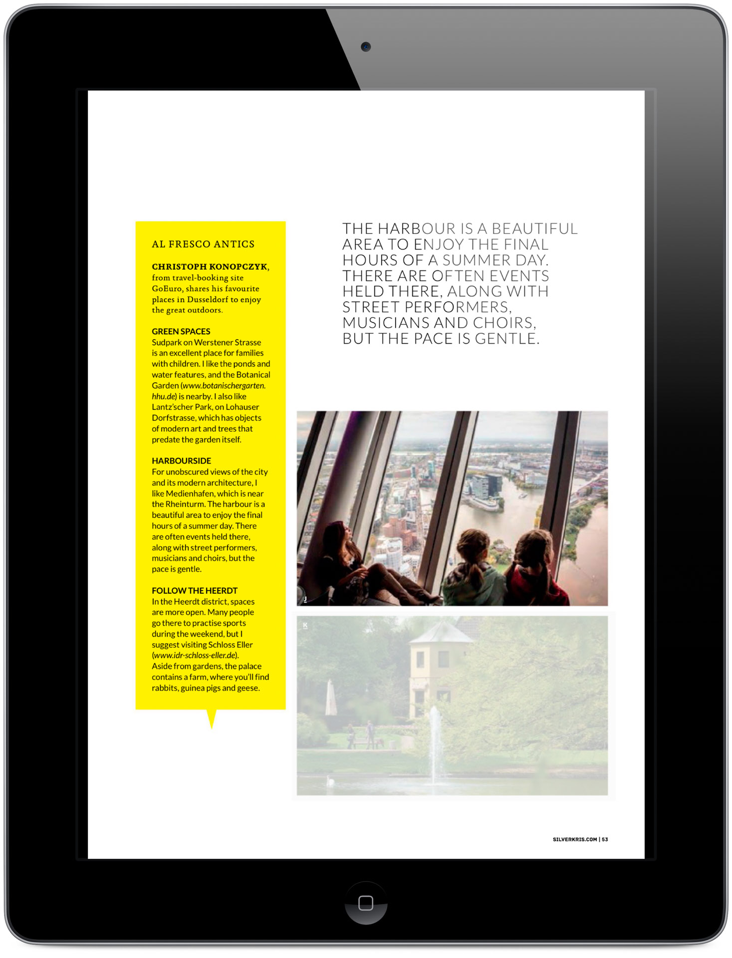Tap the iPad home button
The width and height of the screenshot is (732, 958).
(366, 903)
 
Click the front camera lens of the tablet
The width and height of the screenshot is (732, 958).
(366, 47)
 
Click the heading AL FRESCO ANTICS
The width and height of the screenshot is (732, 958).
(203, 244)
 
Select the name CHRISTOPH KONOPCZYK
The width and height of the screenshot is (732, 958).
(210, 266)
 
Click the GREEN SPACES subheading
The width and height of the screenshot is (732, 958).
(181, 331)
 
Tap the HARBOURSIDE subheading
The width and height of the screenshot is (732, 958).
(182, 461)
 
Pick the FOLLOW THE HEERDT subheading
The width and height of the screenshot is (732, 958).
(195, 590)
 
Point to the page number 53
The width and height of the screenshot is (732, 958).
(605, 839)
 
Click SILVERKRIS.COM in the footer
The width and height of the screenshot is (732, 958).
(575, 839)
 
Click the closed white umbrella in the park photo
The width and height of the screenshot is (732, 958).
(331, 699)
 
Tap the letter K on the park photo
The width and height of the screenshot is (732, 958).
(305, 625)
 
